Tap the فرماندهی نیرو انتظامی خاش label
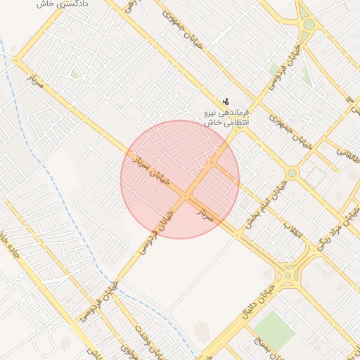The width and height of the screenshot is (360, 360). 227,117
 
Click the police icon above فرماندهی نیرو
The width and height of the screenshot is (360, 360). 226,101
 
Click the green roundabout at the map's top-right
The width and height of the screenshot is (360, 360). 308,25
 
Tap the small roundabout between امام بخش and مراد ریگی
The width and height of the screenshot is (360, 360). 292,173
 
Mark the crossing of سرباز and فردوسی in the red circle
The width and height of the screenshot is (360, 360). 188,195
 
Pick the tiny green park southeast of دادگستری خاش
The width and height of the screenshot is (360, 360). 75,73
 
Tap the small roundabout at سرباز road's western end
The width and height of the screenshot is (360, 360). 18,61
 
